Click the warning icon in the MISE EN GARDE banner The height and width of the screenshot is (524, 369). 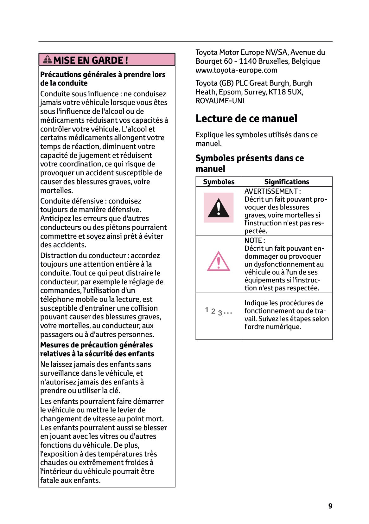click(x=48, y=59)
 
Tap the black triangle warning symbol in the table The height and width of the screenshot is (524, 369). click(x=219, y=208)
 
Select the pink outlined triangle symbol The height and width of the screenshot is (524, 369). click(x=219, y=262)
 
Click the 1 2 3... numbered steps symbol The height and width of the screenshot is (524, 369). click(x=219, y=311)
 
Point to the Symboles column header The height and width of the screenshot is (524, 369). click(x=219, y=182)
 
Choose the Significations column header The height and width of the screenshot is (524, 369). click(x=287, y=182)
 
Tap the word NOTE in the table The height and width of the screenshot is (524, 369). click(x=253, y=240)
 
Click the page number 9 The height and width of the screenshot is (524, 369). click(x=330, y=506)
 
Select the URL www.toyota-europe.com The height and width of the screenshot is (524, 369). click(x=236, y=70)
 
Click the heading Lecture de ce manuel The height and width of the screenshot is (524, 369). click(x=246, y=119)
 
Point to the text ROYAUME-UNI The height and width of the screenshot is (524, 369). click(x=220, y=101)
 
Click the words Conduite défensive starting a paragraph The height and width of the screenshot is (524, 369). click(x=72, y=201)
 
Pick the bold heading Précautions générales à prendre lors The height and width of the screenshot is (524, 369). click(x=103, y=74)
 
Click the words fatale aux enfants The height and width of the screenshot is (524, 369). click(x=70, y=480)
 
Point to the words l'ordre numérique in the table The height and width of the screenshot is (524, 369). click(x=273, y=327)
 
